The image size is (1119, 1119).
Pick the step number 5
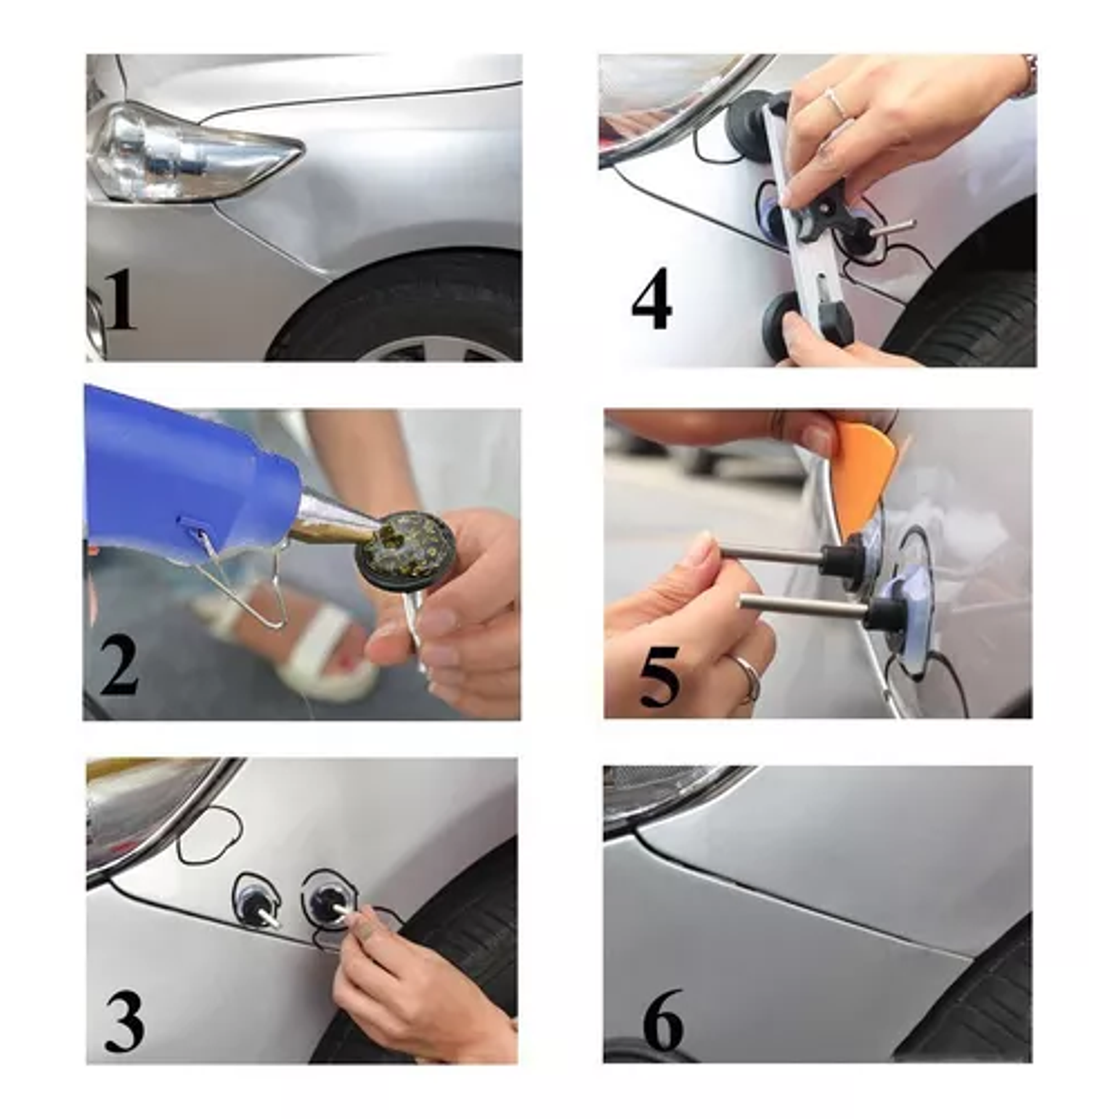pyautogui.click(x=660, y=677)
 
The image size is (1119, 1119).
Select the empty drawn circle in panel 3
pyautogui.click(x=210, y=836)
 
